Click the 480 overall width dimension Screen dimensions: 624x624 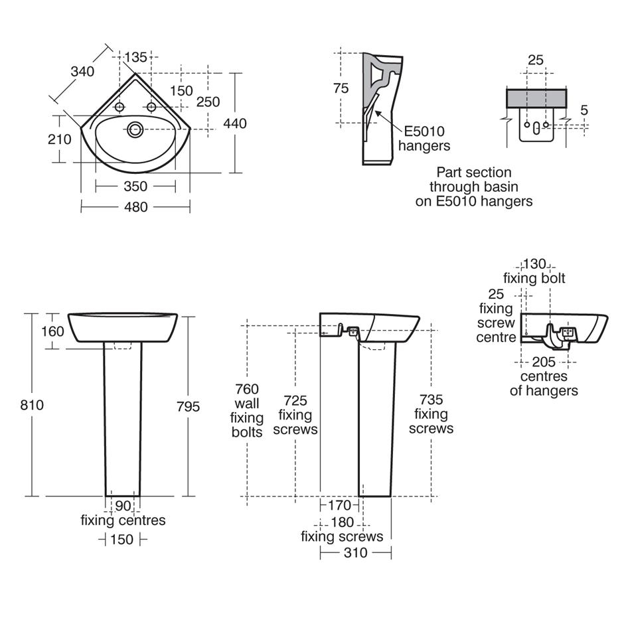(x=135, y=207)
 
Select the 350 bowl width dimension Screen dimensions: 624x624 (x=135, y=187)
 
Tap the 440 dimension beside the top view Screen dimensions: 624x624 (x=235, y=123)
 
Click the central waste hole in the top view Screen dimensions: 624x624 (x=136, y=129)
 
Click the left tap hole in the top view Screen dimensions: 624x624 (x=120, y=107)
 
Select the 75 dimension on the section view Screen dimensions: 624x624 (x=341, y=88)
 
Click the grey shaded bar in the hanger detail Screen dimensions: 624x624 (x=536, y=99)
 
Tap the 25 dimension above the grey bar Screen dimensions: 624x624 (x=535, y=60)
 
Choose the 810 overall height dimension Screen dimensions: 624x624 (x=31, y=404)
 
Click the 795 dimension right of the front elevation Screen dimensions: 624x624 (x=189, y=406)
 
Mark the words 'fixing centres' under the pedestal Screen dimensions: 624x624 (x=123, y=520)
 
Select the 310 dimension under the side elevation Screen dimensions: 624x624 (x=355, y=552)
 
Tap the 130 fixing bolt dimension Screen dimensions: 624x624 (x=534, y=264)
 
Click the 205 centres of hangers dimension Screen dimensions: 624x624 (x=544, y=362)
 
